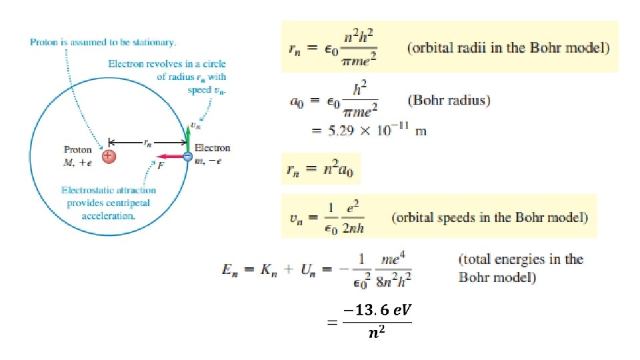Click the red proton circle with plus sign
point(109,156)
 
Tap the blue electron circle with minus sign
point(187,156)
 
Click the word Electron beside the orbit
point(212,148)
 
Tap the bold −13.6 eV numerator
point(376,310)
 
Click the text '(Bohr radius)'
point(449,101)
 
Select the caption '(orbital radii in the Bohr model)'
point(507,48)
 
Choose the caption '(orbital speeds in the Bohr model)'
point(489,217)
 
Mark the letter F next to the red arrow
point(161,166)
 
